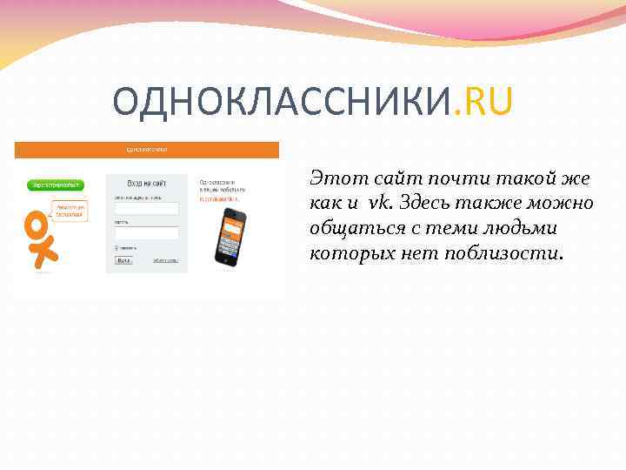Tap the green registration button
click(x=56, y=185)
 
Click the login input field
click(x=147, y=209)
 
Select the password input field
click(x=147, y=233)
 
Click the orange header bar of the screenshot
click(x=147, y=150)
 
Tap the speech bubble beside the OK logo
click(x=69, y=211)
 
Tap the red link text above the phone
click(x=219, y=198)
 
